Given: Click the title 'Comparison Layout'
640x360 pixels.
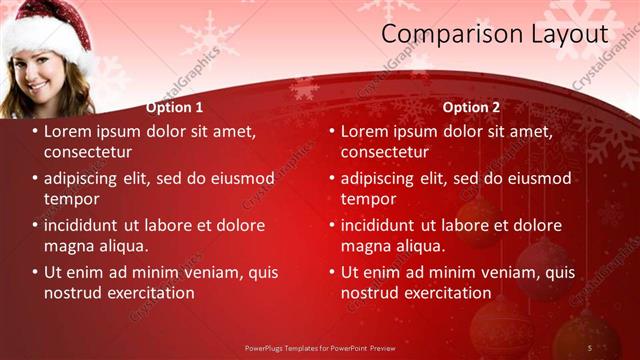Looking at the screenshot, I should point(494,34).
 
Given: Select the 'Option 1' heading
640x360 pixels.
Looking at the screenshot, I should point(174,107).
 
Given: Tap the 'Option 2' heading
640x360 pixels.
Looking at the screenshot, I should point(471,107).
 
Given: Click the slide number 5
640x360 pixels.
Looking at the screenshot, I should point(589,347).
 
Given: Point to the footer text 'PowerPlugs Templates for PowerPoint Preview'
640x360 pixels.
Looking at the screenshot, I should point(321,347).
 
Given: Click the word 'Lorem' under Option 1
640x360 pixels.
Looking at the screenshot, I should point(69,131).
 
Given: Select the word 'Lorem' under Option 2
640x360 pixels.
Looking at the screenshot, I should point(366,131).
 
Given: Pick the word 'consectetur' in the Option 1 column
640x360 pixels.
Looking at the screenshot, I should point(88,152).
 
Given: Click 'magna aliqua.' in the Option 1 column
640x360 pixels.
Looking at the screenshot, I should point(96,246).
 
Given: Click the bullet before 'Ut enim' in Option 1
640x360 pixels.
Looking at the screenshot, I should point(35,272).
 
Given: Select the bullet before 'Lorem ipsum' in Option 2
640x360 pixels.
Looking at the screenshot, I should point(332,131).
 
